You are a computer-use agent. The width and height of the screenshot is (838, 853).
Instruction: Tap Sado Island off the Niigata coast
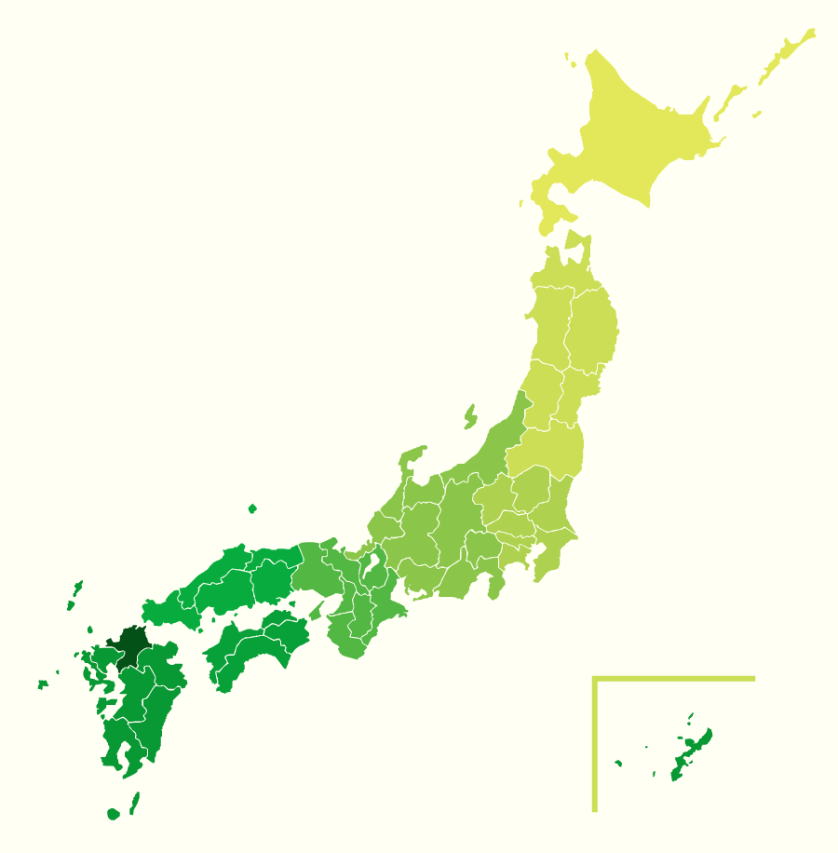click(x=470, y=415)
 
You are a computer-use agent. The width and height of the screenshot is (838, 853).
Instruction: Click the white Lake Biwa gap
click(x=373, y=562)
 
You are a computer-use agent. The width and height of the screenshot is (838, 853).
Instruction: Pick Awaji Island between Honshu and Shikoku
click(x=318, y=611)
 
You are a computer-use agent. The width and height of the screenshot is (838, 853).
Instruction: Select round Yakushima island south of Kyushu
click(x=114, y=814)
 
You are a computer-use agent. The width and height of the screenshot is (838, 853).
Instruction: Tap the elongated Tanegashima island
click(x=135, y=802)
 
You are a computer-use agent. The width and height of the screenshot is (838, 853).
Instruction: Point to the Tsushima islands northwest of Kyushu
click(x=74, y=593)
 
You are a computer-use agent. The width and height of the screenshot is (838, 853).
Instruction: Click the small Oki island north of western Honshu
click(x=252, y=508)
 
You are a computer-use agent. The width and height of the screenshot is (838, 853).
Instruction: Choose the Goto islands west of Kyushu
click(x=43, y=684)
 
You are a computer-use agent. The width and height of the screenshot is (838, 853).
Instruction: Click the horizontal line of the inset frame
click(x=675, y=679)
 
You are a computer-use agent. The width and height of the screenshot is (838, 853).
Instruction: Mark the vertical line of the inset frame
click(x=594, y=745)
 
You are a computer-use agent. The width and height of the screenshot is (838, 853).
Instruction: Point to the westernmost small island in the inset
click(x=618, y=764)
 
